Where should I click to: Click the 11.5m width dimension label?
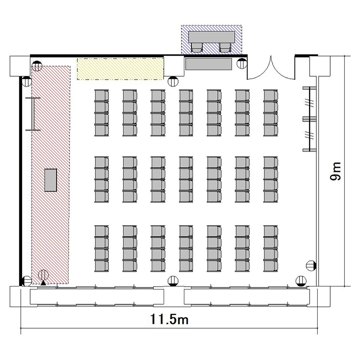click(169, 319)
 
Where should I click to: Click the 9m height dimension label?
click(336, 171)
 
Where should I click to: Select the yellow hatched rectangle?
click(120, 69)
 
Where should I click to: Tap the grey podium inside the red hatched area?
click(50, 180)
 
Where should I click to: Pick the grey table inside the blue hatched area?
click(212, 37)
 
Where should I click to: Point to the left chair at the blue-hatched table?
click(197, 48)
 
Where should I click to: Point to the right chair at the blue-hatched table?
click(225, 48)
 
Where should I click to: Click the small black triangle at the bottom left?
click(43, 283)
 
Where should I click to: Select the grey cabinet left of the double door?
click(208, 64)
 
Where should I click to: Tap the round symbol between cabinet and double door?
click(242, 63)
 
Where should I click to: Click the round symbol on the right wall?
click(311, 266)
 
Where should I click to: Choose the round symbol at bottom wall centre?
click(173, 281)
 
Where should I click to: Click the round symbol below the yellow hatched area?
click(173, 81)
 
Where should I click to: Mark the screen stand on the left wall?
click(33, 114)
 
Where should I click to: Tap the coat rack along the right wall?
click(310, 119)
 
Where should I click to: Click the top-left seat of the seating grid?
click(101, 96)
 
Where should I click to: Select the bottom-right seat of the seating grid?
click(271, 266)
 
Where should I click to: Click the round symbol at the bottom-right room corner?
click(301, 281)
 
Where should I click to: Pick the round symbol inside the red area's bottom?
click(43, 275)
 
